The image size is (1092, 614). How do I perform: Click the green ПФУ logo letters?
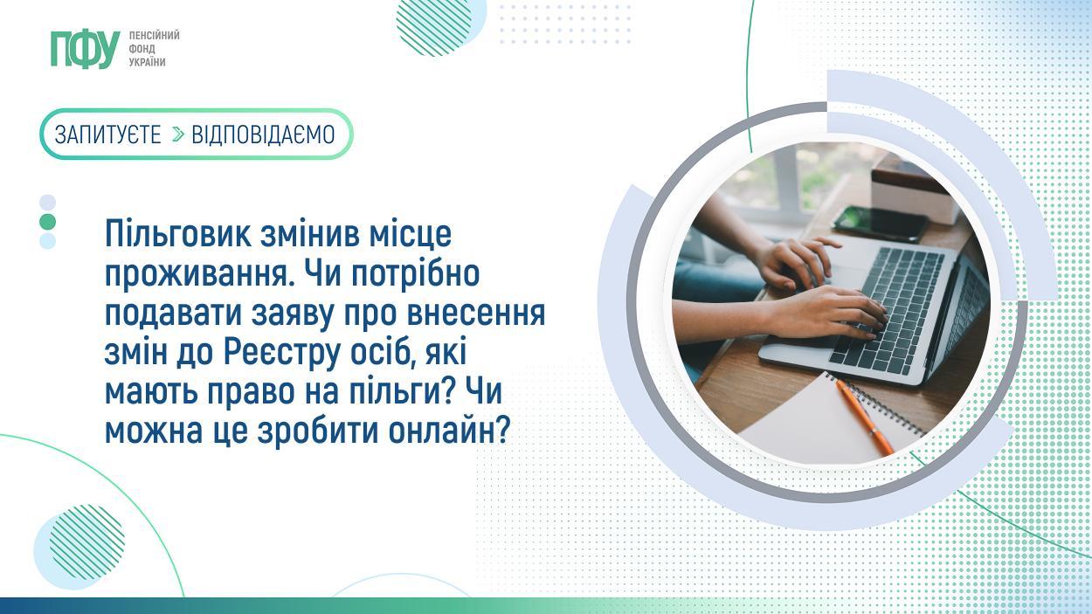tap(86, 49)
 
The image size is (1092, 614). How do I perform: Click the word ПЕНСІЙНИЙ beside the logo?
tap(154, 36)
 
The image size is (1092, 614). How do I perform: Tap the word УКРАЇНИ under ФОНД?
tap(148, 62)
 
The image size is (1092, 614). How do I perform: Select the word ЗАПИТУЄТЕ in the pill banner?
tap(107, 135)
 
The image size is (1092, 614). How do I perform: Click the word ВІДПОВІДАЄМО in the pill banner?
tap(263, 135)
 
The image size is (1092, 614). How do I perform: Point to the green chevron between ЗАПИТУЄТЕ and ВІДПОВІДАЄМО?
tap(178, 135)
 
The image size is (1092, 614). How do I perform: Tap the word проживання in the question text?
tap(195, 275)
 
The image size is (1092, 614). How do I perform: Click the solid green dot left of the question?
tap(48, 222)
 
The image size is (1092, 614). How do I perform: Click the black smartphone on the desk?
tap(881, 224)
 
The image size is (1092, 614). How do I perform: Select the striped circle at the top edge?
tap(434, 24)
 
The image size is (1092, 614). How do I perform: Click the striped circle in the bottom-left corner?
tap(86, 542)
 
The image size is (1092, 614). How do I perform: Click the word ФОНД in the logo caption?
tap(142, 49)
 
